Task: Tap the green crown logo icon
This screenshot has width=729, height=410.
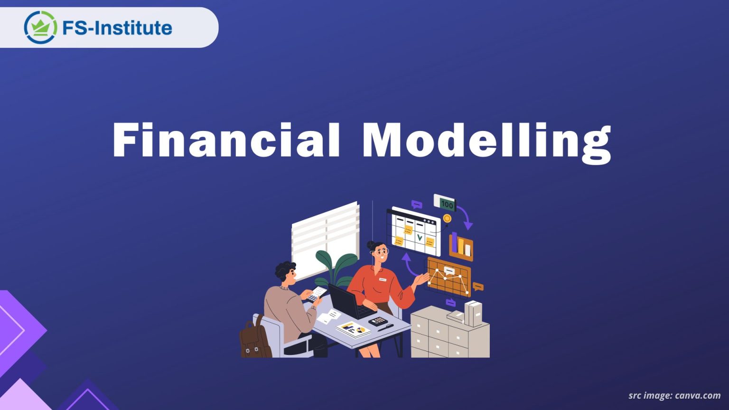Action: click(40, 27)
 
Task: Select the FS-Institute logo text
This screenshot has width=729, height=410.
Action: click(117, 28)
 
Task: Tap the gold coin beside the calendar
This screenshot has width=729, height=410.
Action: click(447, 218)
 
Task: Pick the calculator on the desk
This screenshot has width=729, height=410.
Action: click(378, 321)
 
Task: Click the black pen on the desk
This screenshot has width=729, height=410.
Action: click(385, 327)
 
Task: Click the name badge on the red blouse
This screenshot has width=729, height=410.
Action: click(383, 280)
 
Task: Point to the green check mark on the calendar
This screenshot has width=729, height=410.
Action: click(419, 236)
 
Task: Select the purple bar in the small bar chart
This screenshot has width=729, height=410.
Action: click(454, 242)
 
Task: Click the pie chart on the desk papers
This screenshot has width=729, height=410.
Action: click(362, 329)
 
